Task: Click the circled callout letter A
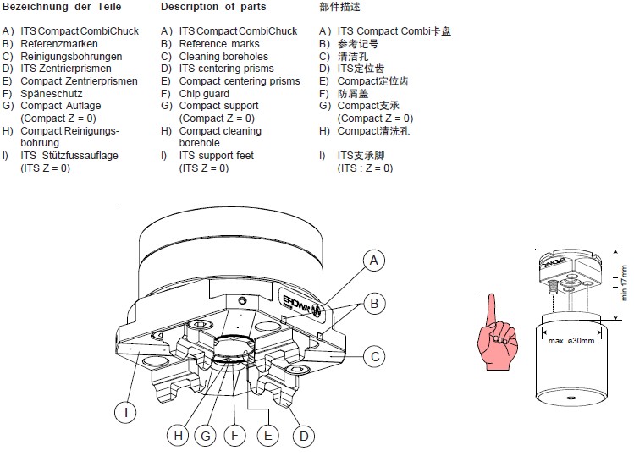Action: point(374,261)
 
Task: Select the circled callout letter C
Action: point(374,356)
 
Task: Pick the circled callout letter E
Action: point(268,436)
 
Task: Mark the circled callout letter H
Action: point(177,436)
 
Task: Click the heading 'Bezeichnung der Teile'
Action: point(62,7)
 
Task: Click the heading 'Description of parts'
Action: point(212,7)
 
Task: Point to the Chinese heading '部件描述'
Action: point(339,7)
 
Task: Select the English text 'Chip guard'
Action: point(204,94)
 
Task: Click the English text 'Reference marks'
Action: point(219,44)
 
